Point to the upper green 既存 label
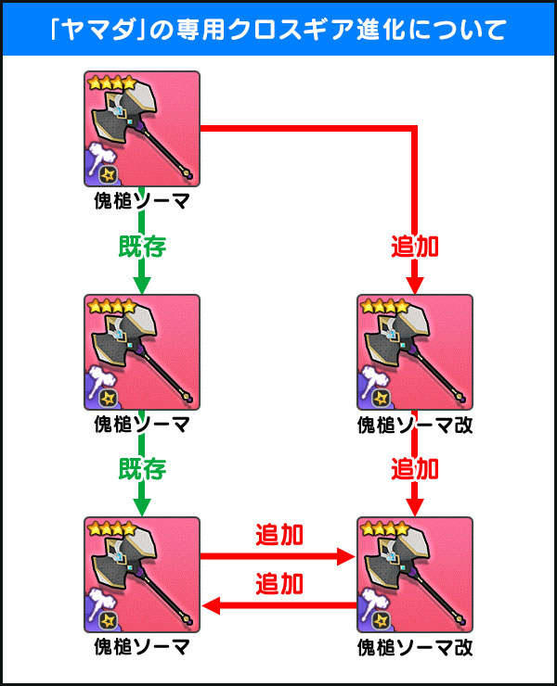141,246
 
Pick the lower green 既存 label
141,468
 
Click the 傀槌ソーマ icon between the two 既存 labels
141,352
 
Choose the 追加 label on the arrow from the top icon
414,246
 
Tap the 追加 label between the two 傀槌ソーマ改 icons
414,468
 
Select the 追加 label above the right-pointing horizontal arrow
278,535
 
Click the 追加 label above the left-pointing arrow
278,583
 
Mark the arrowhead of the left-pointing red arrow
211,606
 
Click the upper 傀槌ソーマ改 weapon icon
414,352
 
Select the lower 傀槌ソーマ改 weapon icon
414,576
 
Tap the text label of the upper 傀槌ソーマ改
414,425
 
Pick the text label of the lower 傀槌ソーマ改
414,646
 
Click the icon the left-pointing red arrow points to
141,576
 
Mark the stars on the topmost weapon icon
110,83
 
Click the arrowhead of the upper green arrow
141,283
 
